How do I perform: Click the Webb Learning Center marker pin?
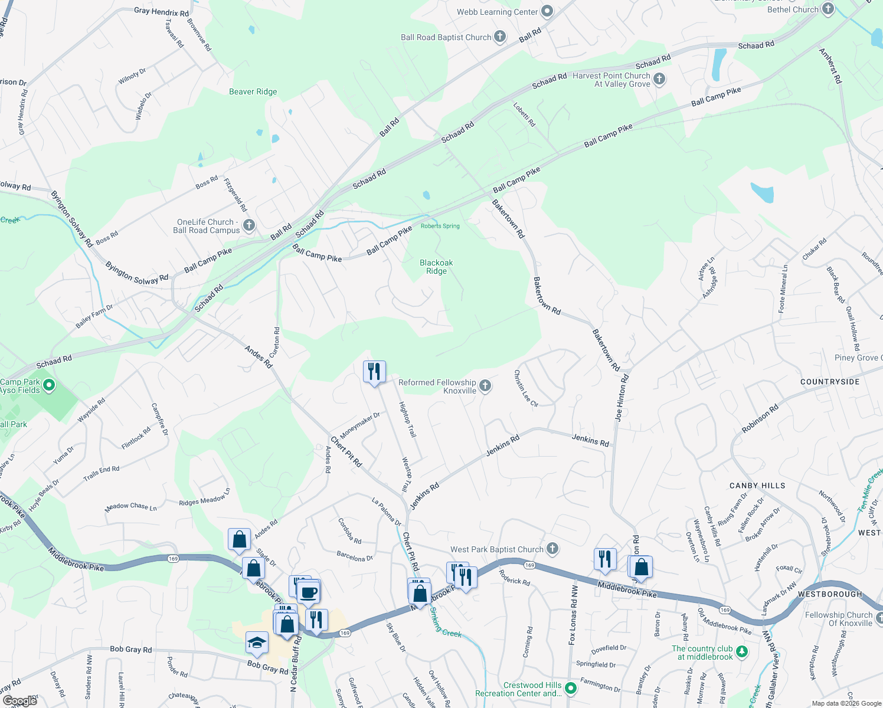(547, 11)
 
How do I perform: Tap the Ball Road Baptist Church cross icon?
(499, 37)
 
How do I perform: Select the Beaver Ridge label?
(253, 91)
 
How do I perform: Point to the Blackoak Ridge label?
(436, 267)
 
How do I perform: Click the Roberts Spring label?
(440, 226)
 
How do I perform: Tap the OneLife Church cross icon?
(248, 225)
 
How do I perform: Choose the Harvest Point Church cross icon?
(659, 78)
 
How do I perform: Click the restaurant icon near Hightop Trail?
(374, 372)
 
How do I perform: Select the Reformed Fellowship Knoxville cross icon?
(485, 386)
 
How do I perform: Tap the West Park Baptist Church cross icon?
(552, 549)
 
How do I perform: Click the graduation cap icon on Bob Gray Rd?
(257, 643)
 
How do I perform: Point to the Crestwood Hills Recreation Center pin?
(570, 688)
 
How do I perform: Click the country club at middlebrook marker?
(742, 652)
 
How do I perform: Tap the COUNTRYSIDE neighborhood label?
(830, 382)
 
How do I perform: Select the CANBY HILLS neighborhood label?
(757, 486)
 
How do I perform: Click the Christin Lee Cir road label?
(525, 388)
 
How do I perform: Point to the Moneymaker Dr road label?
(359, 425)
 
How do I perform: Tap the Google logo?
(20, 701)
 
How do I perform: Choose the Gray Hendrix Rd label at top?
(161, 11)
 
